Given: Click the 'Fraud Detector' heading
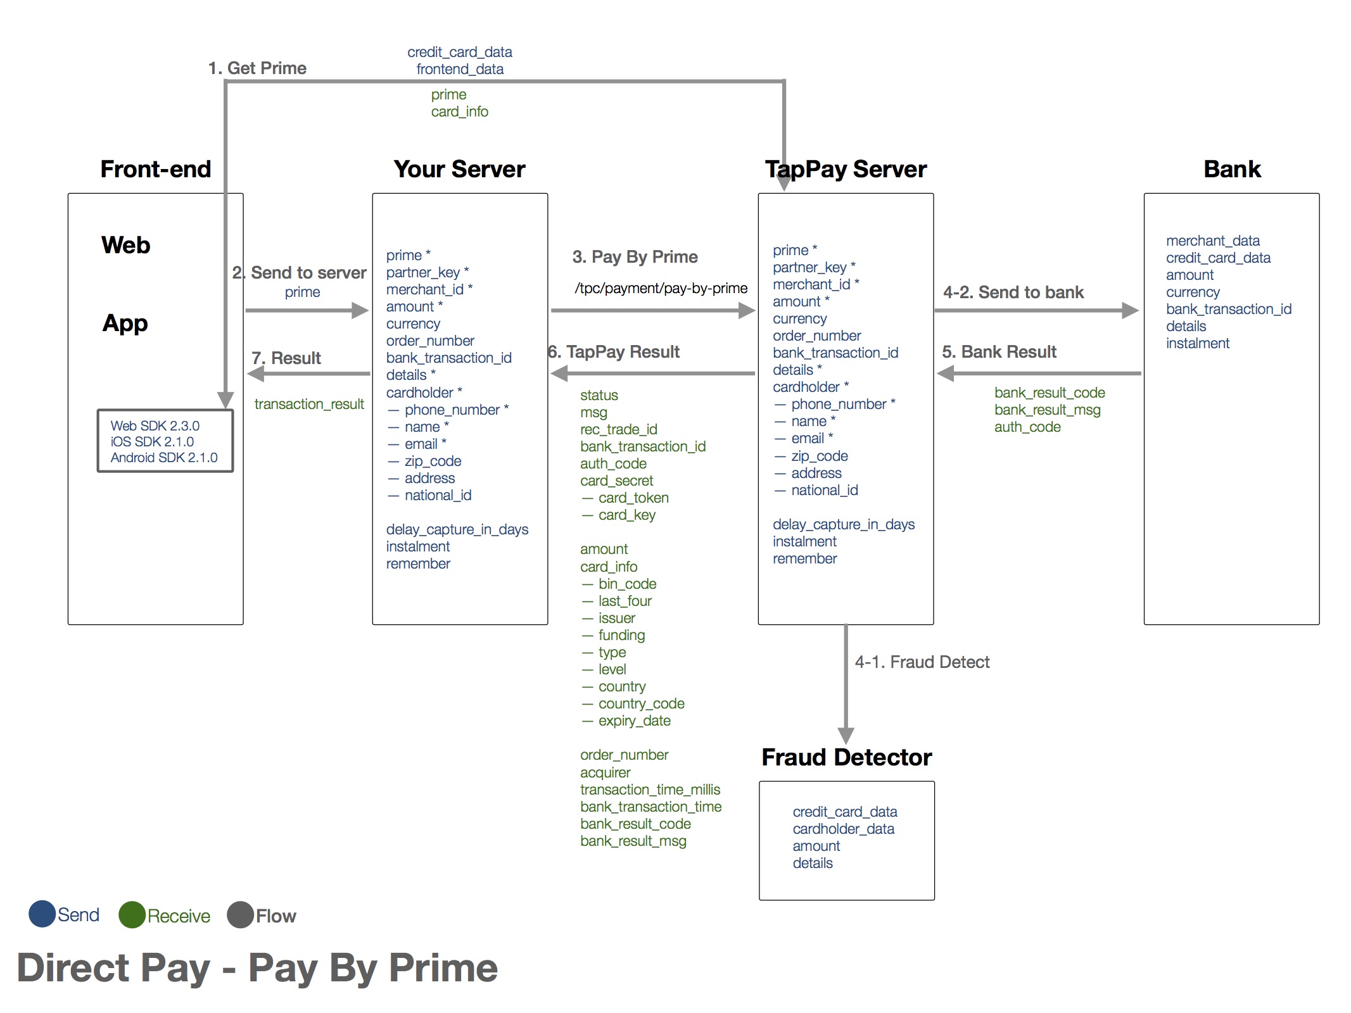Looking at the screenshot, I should click(x=846, y=757).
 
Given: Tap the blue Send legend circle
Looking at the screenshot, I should click(x=42, y=914).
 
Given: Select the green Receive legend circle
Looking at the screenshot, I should click(x=132, y=915).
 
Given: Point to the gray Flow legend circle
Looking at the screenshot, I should click(x=240, y=915).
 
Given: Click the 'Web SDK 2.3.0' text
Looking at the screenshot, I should click(x=155, y=426).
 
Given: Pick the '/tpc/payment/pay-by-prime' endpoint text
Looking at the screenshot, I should click(x=661, y=288).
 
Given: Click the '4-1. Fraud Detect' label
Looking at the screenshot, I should click(x=922, y=662).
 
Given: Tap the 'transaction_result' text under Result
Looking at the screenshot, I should click(x=309, y=404).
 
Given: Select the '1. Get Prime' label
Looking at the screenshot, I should click(x=257, y=68).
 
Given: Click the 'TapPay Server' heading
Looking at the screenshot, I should click(x=846, y=170).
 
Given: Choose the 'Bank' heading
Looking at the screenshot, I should click(x=1232, y=170).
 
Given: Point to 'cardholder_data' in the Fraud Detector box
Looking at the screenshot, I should click(x=843, y=829).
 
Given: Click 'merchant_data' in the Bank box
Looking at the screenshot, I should click(x=1212, y=241).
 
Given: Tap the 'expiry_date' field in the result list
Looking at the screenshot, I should click(x=634, y=720).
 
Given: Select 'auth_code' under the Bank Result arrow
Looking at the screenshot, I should click(x=1027, y=427).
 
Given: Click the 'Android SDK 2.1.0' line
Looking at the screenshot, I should click(x=164, y=458).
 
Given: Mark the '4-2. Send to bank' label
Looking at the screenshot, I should click(x=1013, y=293).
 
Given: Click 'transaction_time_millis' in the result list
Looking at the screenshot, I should click(x=650, y=790).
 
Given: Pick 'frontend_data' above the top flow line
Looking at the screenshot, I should click(x=460, y=69).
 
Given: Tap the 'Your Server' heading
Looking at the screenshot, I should click(x=459, y=170).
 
